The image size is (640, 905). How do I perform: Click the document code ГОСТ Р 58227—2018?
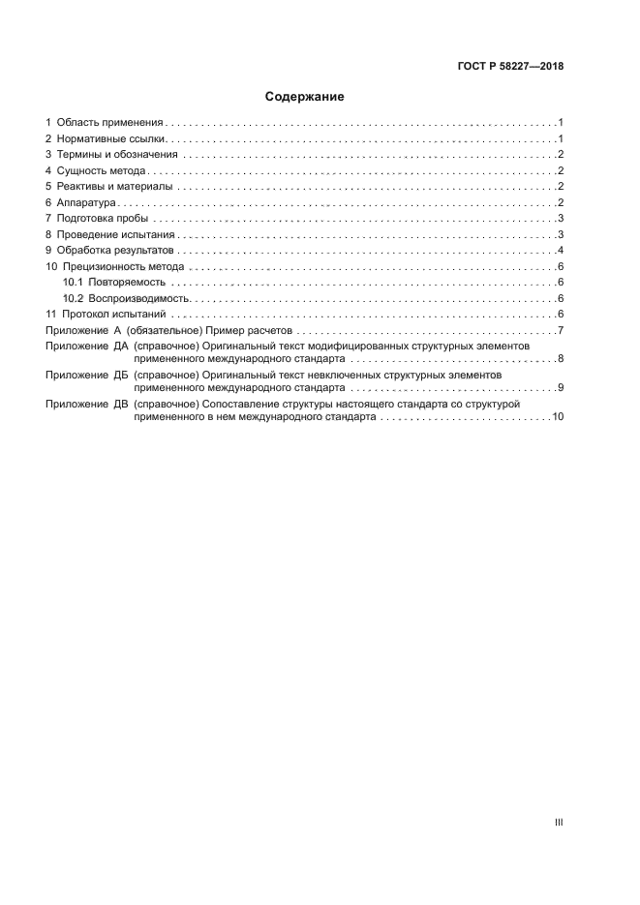click(510, 67)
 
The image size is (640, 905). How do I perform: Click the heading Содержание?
click(305, 97)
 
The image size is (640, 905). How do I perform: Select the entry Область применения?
click(109, 123)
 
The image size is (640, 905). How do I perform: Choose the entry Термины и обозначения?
click(116, 155)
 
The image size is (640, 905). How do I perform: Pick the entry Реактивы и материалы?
click(114, 187)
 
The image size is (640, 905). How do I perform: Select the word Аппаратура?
click(86, 202)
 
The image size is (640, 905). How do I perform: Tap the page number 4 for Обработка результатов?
click(561, 250)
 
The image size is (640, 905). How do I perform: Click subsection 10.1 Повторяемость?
click(114, 282)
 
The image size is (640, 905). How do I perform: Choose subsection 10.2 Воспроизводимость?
click(125, 298)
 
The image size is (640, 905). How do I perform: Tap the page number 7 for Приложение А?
click(561, 332)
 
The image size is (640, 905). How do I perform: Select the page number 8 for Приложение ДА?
click(561, 359)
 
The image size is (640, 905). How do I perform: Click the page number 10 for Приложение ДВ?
click(558, 416)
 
